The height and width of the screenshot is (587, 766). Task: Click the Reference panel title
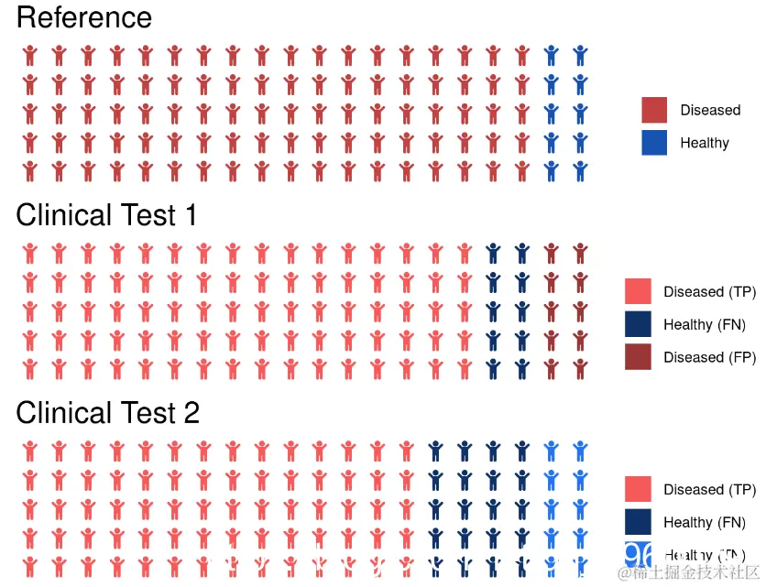[84, 18]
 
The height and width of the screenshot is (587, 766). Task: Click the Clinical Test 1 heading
[106, 215]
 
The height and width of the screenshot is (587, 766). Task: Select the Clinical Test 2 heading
[107, 413]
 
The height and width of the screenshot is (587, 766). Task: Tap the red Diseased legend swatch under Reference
[654, 110]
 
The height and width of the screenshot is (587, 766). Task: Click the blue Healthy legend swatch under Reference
[654, 143]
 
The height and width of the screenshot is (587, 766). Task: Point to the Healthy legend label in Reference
[705, 143]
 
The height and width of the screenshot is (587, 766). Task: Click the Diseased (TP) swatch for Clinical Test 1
[638, 291]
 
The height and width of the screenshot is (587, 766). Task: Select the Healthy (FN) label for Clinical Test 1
[705, 324]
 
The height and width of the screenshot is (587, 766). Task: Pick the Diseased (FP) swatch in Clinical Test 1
[638, 357]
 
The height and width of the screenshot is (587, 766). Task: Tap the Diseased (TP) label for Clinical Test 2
[709, 490]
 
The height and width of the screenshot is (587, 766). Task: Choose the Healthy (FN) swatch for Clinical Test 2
[638, 522]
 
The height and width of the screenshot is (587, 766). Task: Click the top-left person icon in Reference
[29, 55]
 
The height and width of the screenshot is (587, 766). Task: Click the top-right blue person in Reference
[580, 55]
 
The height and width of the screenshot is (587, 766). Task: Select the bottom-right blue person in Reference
[580, 170]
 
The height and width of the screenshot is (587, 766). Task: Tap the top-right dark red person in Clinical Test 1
[580, 253]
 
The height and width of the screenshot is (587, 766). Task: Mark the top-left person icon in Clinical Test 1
[29, 253]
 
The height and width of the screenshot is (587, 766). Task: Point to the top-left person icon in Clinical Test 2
[29, 451]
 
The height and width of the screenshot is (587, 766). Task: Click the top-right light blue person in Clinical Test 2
[580, 451]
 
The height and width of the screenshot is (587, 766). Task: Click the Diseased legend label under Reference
[710, 110]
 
